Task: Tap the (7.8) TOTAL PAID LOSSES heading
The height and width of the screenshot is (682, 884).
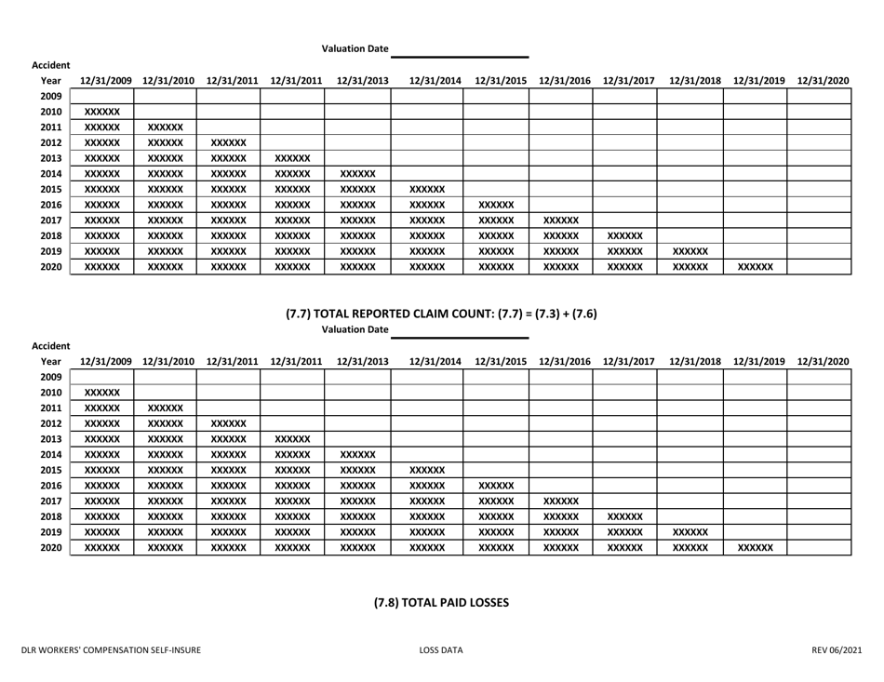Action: click(441, 602)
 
